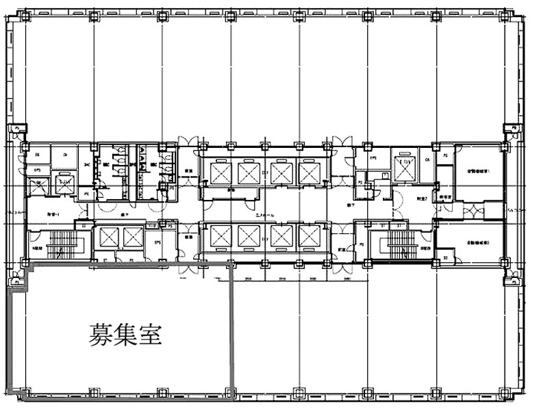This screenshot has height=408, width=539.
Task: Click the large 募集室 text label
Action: coord(125,335)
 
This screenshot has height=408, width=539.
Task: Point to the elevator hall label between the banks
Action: coord(264,215)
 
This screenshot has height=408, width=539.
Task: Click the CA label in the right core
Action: coord(427,160)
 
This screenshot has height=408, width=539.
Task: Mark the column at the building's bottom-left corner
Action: coord(25,393)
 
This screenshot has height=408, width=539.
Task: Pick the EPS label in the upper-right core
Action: coord(374,159)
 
